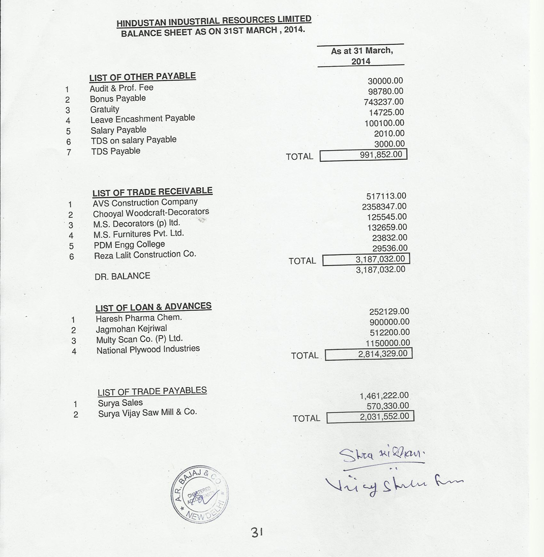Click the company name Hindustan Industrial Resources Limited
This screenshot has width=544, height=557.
(214, 21)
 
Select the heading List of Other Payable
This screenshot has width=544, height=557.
(142, 77)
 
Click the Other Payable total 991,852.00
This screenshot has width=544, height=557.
(381, 155)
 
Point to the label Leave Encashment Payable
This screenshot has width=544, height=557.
(142, 119)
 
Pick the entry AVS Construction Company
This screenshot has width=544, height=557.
(145, 202)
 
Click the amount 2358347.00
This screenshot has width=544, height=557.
(384, 207)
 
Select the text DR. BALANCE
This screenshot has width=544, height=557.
(122, 276)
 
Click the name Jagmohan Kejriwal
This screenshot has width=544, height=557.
(131, 329)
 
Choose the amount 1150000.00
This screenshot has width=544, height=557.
(387, 343)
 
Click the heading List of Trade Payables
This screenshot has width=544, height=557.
(152, 391)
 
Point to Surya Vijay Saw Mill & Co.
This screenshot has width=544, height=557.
(147, 413)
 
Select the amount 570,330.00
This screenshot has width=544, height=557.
(387, 406)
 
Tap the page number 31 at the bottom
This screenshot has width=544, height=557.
(256, 533)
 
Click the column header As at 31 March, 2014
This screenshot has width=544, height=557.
(361, 56)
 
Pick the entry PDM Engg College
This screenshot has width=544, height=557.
(129, 245)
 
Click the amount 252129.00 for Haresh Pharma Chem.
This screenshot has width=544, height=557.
(389, 312)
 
